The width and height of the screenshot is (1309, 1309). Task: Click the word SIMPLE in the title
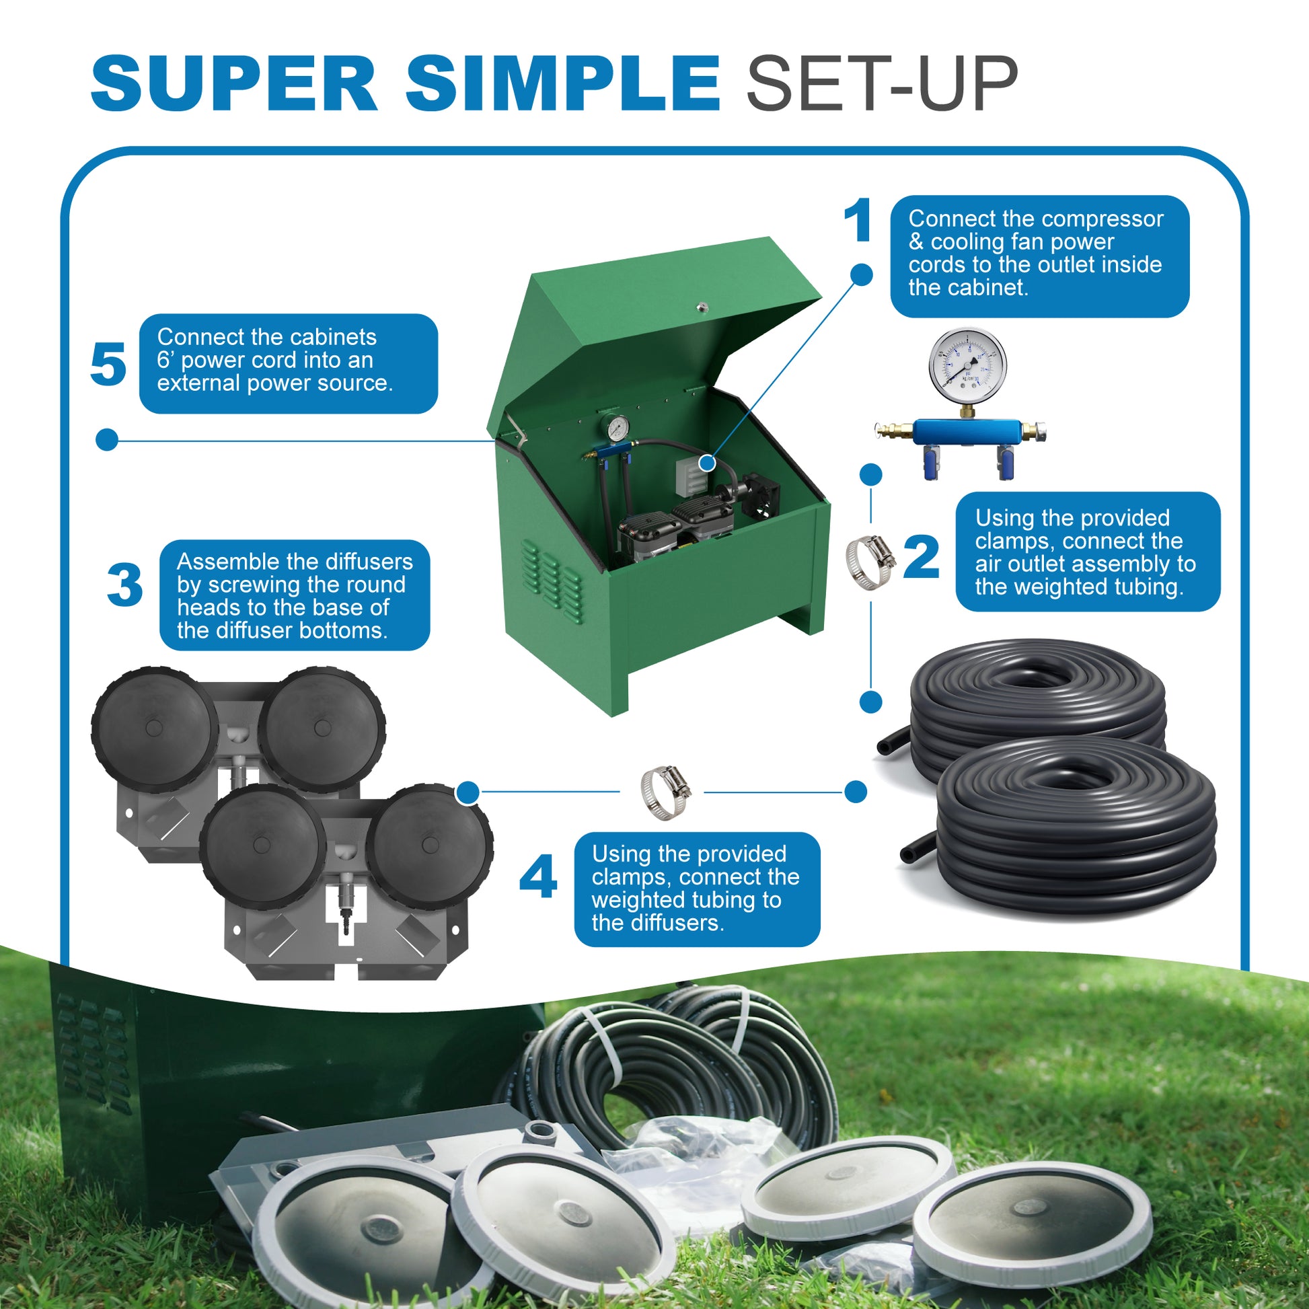(x=562, y=84)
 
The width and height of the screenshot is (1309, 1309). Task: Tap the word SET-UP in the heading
(x=881, y=84)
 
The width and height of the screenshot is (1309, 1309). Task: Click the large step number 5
(x=108, y=365)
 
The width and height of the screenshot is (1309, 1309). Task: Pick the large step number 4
(x=538, y=876)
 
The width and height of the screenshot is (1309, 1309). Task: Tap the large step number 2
(x=922, y=557)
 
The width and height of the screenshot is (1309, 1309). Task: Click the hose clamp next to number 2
(x=869, y=561)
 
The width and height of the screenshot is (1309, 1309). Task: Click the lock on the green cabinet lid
(x=702, y=307)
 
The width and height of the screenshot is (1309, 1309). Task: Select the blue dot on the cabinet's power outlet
(x=707, y=463)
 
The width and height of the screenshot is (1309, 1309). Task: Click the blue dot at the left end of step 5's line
(x=107, y=440)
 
